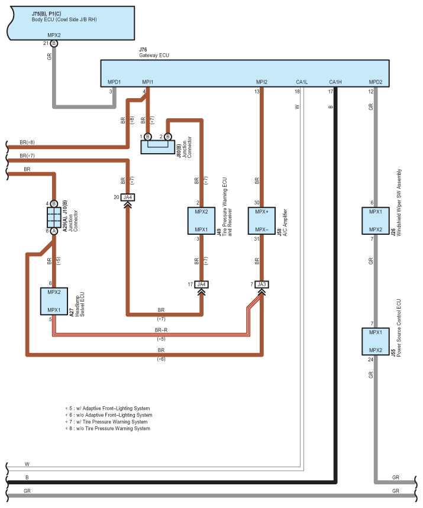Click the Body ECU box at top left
point(72,22)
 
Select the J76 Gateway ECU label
point(154,53)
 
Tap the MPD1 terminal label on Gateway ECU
point(114,82)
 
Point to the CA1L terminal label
point(302,82)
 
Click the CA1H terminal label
point(335,82)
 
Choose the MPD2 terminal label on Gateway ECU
point(375,82)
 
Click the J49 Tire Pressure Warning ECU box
point(201,221)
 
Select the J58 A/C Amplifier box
point(261,221)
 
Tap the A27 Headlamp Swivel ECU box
point(54,301)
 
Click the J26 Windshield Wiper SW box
point(375,221)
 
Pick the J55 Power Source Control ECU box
point(375,341)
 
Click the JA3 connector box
point(261,284)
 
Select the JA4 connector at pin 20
point(128,198)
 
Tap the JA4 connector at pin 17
point(201,284)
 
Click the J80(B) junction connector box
point(158,147)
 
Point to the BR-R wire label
point(161,330)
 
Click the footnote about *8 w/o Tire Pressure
point(108,428)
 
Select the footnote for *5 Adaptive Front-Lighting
point(108,408)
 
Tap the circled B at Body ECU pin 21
point(54,43)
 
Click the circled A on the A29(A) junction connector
point(54,231)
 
